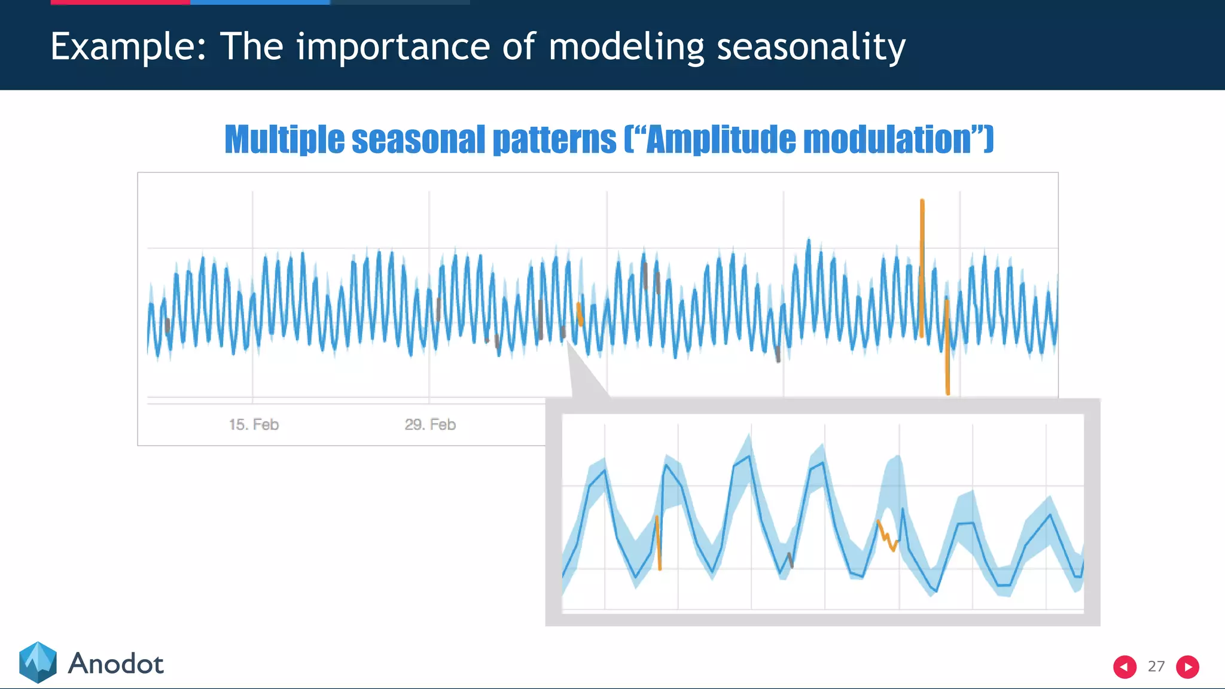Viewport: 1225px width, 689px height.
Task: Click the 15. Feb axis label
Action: [254, 425]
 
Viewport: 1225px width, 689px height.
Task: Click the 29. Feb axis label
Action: [430, 425]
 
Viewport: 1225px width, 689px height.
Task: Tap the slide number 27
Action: [1156, 666]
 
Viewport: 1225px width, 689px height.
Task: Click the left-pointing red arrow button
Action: [1125, 667]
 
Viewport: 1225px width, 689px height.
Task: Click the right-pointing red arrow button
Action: [1187, 667]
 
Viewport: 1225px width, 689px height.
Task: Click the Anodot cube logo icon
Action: [38, 663]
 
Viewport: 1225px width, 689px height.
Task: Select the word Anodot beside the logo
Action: [115, 664]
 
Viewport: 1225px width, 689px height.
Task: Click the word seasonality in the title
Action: [810, 47]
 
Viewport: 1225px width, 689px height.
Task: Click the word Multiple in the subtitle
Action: [284, 139]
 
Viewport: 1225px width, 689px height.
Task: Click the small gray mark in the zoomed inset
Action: [791, 560]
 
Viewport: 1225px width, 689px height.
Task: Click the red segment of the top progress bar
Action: [120, 2]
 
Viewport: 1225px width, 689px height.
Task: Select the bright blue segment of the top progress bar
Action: [260, 2]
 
